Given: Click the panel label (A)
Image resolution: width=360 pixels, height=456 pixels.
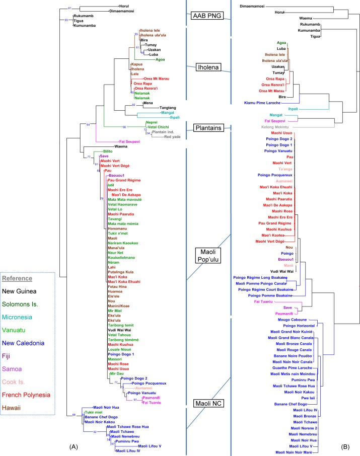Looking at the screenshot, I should (x=69, y=447).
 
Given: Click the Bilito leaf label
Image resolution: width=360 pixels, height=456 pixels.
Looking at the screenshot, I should (x=109, y=151).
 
